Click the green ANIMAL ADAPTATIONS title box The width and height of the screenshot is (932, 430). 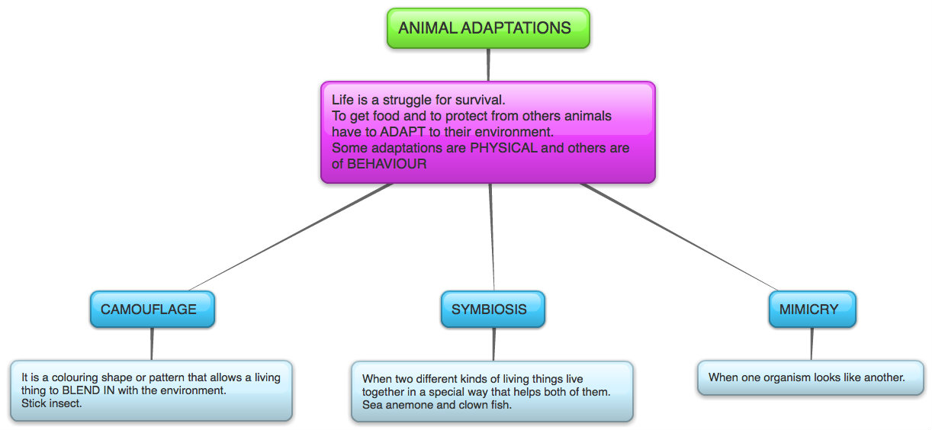point(488,28)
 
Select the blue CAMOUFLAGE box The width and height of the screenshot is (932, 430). point(152,310)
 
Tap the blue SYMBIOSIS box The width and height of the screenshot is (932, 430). point(492,310)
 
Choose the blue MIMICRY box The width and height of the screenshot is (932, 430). point(811,310)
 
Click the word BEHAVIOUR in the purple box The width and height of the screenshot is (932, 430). point(387,164)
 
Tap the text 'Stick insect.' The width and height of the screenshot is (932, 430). point(51,403)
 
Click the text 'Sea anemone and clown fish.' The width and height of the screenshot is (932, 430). point(436,405)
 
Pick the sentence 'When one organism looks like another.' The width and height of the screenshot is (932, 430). point(806,377)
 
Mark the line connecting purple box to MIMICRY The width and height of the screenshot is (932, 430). point(679,238)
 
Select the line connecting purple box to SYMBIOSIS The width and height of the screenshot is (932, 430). point(492,236)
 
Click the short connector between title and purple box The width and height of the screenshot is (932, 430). point(488,65)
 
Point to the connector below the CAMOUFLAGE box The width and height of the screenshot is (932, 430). point(153,344)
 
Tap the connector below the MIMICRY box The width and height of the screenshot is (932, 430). point(811,344)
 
